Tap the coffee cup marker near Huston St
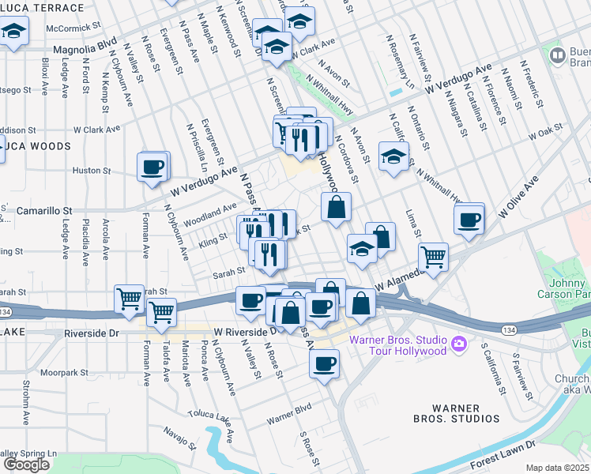pyautogui.click(x=152, y=167)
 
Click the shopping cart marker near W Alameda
pyautogui.click(x=432, y=255)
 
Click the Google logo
pyautogui.click(x=26, y=465)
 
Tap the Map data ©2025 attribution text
pyautogui.click(x=558, y=468)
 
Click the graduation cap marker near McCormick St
pyautogui.click(x=13, y=33)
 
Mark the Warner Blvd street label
pyautogui.click(x=289, y=413)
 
